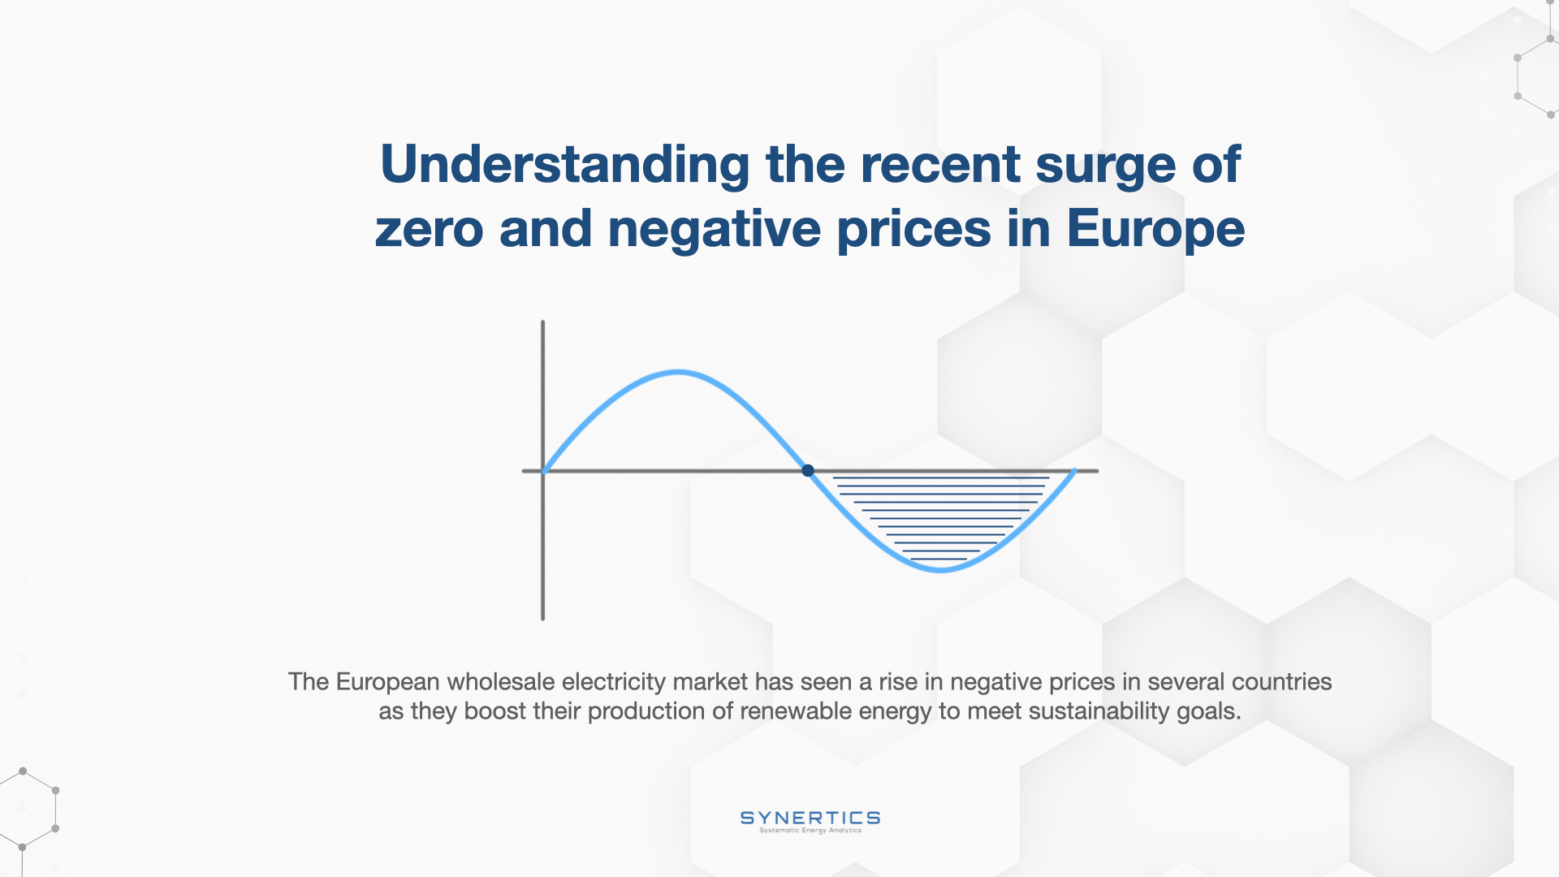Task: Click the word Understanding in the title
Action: pos(565,166)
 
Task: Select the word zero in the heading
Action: pos(429,229)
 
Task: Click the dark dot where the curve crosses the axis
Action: pos(808,470)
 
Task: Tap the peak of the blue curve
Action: pos(678,373)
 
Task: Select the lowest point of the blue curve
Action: pos(941,570)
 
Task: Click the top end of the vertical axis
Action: pos(542,322)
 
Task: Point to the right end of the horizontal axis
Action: pos(1097,470)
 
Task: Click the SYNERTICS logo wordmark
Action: pos(810,818)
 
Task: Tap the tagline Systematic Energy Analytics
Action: pos(810,831)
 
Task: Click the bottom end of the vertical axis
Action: pos(542,619)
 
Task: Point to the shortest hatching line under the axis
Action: pos(939,559)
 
